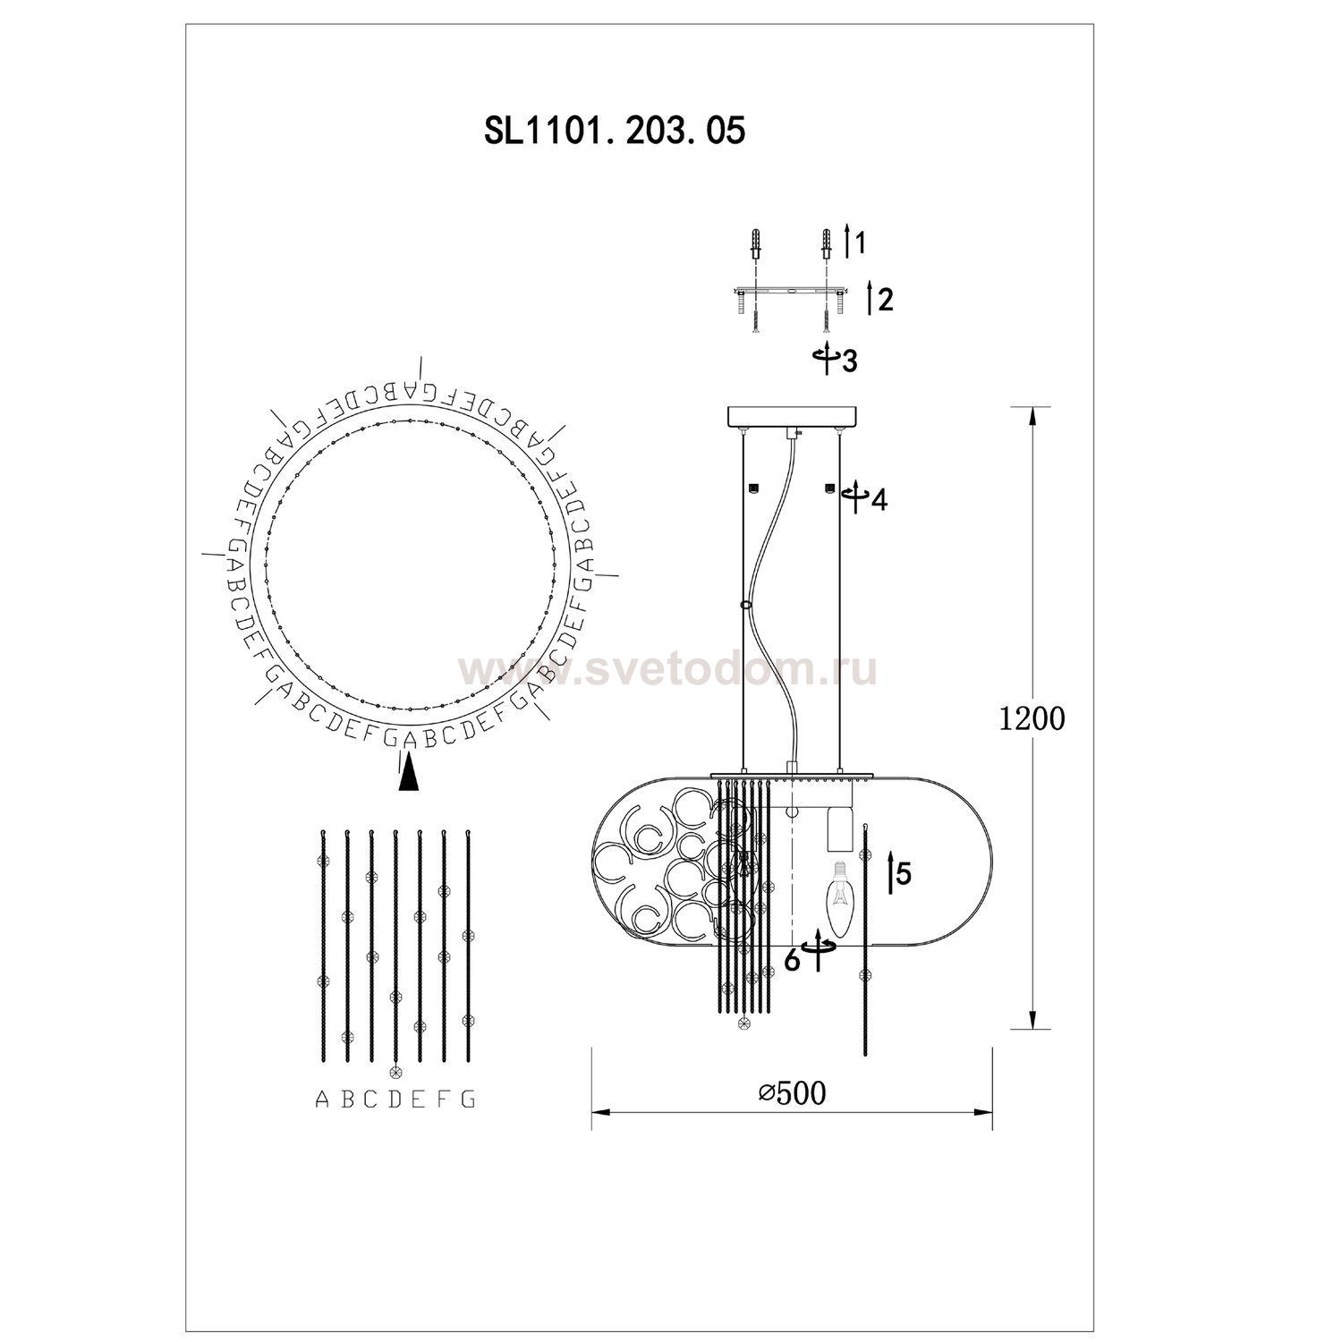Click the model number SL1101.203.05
(x=614, y=132)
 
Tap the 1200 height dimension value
(x=1032, y=718)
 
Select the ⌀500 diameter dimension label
(x=791, y=1092)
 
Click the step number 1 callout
(x=860, y=242)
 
